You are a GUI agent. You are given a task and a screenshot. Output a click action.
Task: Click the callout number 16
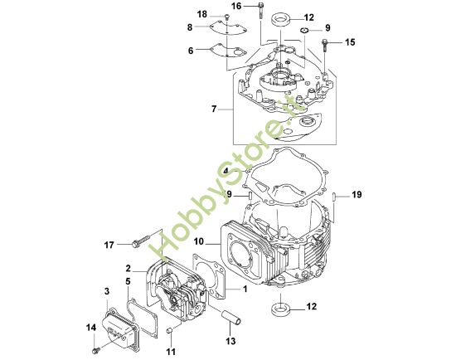click(x=235, y=7)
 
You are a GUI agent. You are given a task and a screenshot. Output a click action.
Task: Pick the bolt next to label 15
click(x=325, y=42)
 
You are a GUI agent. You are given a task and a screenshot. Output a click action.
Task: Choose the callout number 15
click(x=349, y=41)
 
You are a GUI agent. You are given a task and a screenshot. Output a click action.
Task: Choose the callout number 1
click(x=245, y=289)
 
